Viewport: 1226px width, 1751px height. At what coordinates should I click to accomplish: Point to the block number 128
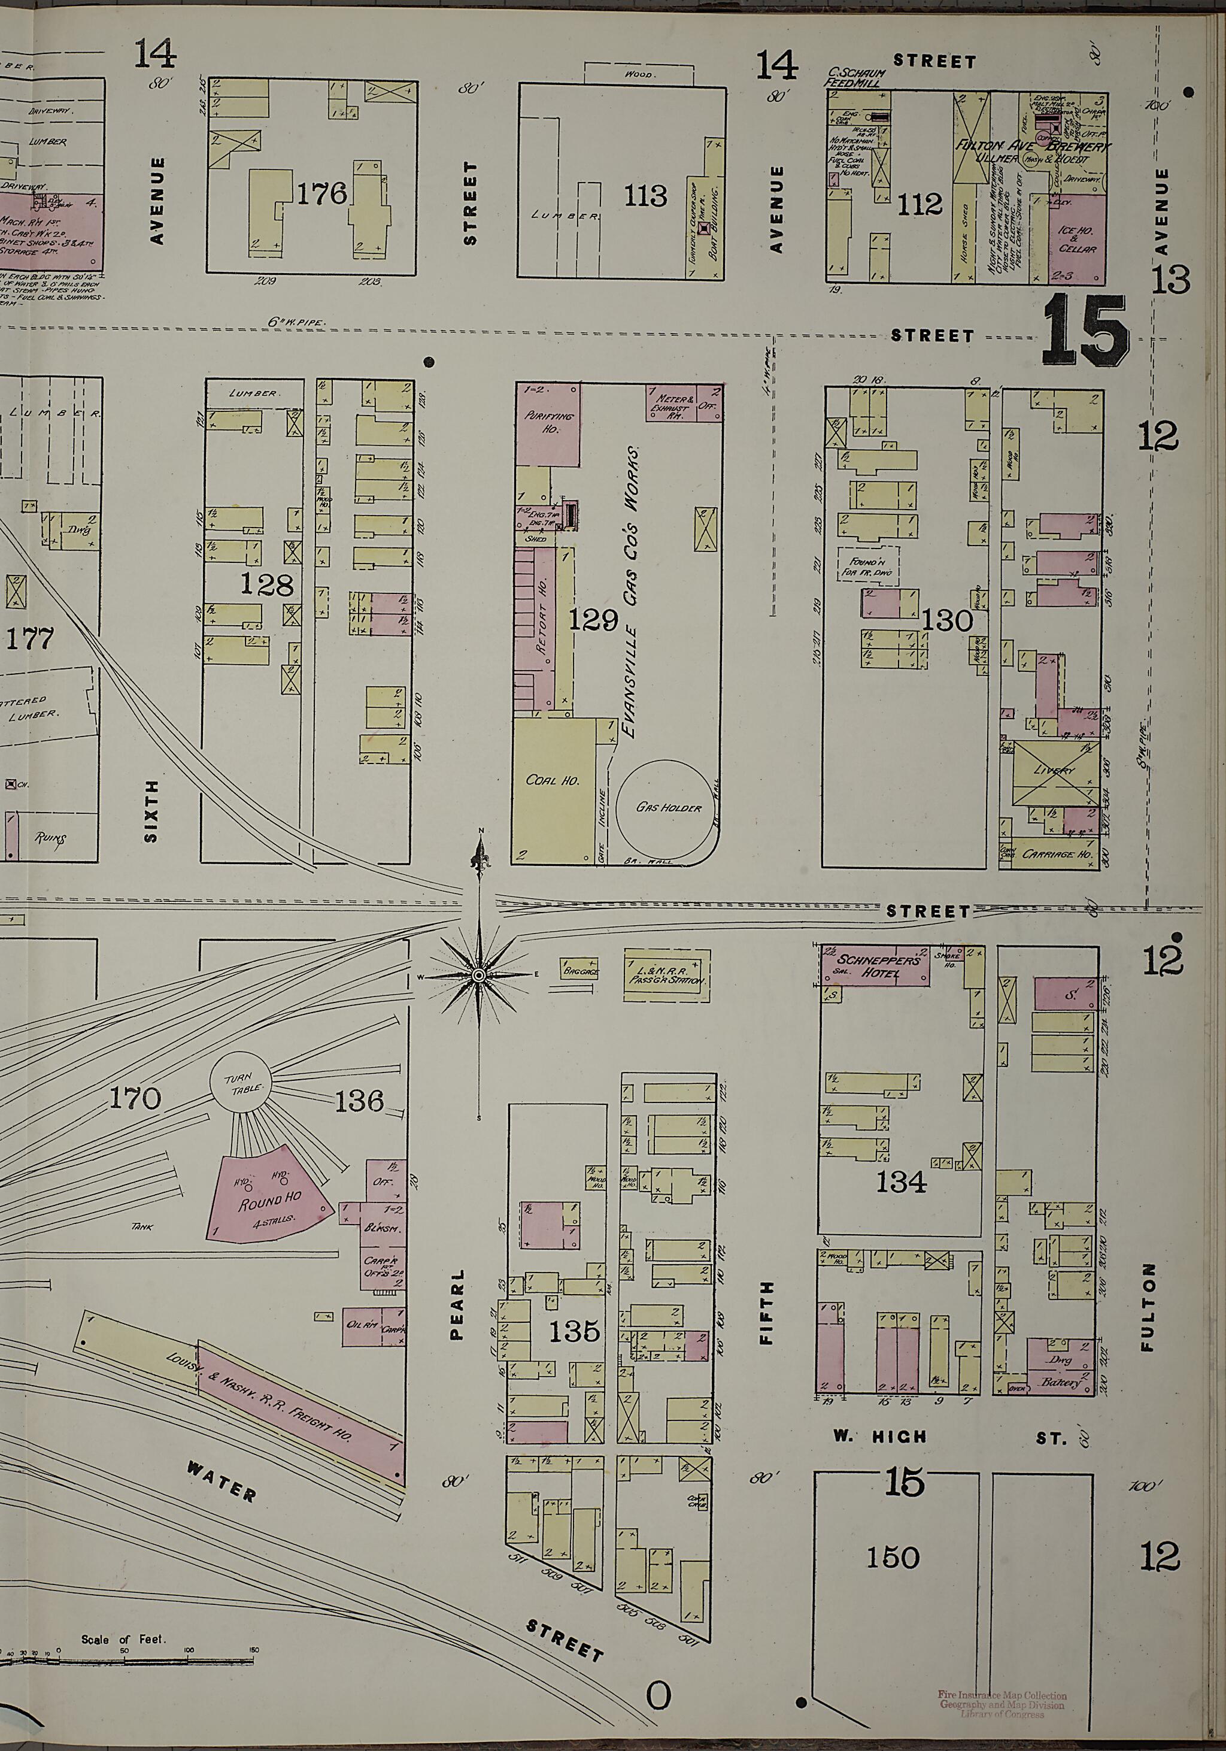click(266, 585)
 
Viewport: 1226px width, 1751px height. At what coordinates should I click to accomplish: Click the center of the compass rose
click(479, 976)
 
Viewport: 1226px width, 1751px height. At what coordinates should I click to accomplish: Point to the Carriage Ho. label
click(1059, 855)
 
